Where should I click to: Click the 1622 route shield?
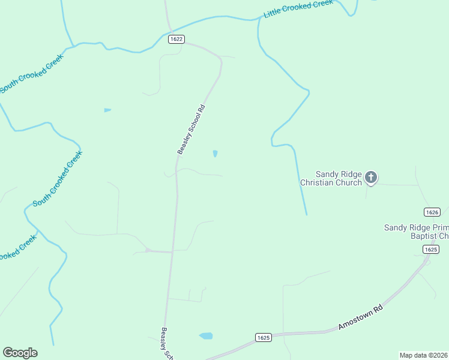[x=175, y=38]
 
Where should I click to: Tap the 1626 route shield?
[x=432, y=212]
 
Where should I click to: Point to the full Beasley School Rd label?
[x=191, y=130]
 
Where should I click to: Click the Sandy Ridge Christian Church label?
[x=331, y=178]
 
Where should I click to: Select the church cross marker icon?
[x=371, y=177]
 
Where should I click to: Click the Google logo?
[x=20, y=353]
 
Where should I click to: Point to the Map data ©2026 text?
[x=423, y=355]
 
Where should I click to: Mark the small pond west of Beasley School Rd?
[x=107, y=110]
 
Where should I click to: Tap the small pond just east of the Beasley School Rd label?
[x=215, y=154]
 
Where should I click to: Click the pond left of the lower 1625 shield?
[x=206, y=335]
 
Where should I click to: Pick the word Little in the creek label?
[x=274, y=14]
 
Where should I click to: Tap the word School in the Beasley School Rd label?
[x=191, y=129]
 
